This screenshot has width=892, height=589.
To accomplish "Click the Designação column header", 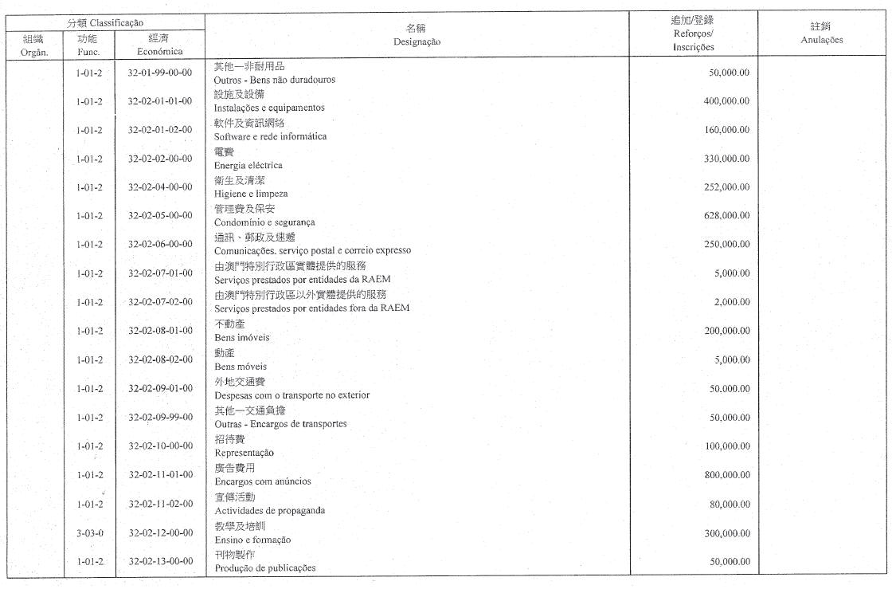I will [x=417, y=41].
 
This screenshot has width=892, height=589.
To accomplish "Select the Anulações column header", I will [x=820, y=40].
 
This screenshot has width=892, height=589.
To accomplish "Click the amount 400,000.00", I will [x=726, y=101].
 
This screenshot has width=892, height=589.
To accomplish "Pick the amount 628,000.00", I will [x=726, y=216].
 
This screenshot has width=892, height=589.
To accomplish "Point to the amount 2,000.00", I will [x=734, y=302].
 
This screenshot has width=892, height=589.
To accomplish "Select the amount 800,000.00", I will [x=726, y=475].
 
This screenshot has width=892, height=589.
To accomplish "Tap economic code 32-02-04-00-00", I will [x=159, y=187].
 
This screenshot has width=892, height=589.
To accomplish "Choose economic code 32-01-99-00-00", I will [x=159, y=73].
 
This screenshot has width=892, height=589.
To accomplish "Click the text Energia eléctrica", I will [x=248, y=165].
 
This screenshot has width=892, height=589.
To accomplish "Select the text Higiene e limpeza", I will [x=251, y=194].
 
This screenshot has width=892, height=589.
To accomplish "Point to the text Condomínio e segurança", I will [x=264, y=222].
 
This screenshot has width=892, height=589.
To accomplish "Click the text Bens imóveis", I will [x=242, y=338].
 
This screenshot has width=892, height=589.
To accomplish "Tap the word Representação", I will [x=244, y=453].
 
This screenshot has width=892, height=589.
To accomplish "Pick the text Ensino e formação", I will [x=252, y=540].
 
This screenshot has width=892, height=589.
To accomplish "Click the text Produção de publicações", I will [x=265, y=568].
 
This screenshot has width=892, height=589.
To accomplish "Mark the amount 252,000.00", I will [x=726, y=187].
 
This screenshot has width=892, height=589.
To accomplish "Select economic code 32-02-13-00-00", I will [x=159, y=561].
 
